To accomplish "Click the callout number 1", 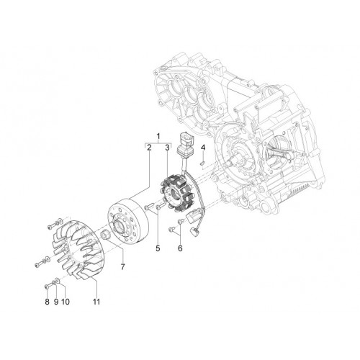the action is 158,137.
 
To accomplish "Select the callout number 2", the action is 149,148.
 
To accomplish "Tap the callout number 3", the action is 167,148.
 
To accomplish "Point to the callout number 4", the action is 203,148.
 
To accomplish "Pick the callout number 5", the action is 158,248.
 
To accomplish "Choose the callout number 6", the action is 180,248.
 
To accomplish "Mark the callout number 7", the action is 123,266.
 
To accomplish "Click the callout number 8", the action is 47,302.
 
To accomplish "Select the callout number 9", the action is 56,302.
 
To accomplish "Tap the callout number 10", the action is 66,302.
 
